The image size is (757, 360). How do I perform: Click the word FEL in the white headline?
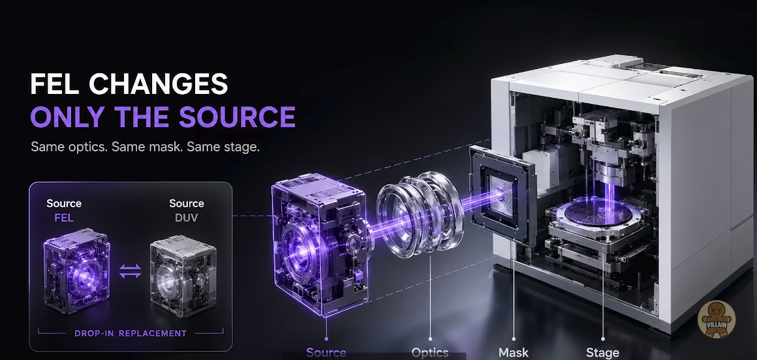click(x=54, y=84)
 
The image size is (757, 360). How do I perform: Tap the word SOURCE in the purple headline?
click(x=237, y=117)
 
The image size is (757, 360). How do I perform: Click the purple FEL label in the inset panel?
click(x=64, y=218)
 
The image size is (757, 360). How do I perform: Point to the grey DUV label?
click(x=187, y=218)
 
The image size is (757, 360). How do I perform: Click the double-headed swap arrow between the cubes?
click(x=131, y=271)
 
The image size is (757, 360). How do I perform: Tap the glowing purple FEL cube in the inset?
click(x=77, y=270)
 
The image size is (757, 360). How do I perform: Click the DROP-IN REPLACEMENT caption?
click(x=131, y=333)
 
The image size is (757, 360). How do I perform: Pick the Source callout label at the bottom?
click(x=326, y=353)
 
